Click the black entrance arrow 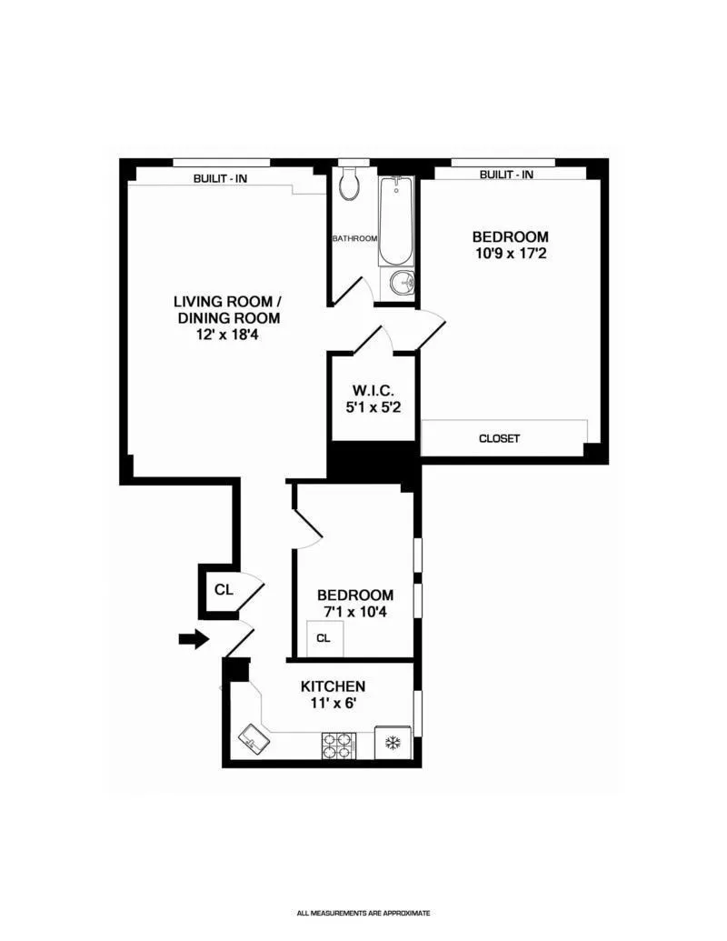pyautogui.click(x=193, y=639)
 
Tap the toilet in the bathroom pyautogui.click(x=349, y=185)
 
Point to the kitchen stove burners pyautogui.click(x=337, y=745)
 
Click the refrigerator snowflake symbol pyautogui.click(x=394, y=743)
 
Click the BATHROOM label pyautogui.click(x=354, y=238)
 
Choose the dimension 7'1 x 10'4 pyautogui.click(x=355, y=613)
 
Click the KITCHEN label pyautogui.click(x=333, y=686)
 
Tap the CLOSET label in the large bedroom pyautogui.click(x=499, y=438)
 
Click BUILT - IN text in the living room pyautogui.click(x=220, y=178)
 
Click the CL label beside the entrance pyautogui.click(x=224, y=589)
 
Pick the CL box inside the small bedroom pyautogui.click(x=324, y=638)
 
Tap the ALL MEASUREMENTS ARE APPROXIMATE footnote pyautogui.click(x=363, y=913)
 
